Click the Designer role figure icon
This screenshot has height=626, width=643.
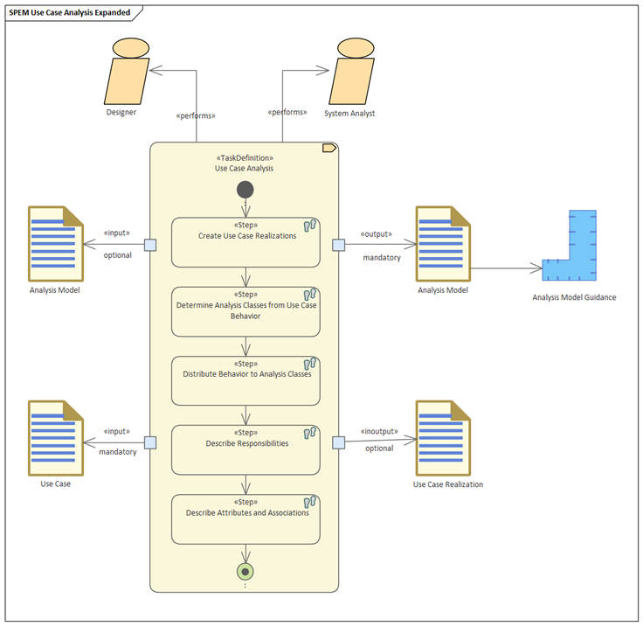[127, 71]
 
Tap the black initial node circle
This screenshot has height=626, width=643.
[245, 190]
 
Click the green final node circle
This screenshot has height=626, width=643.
[245, 572]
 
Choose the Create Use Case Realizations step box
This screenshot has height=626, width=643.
[245, 242]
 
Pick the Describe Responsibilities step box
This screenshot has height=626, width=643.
[245, 450]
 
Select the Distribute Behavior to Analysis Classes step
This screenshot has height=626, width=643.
[245, 380]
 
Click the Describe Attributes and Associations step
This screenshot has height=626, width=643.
[245, 519]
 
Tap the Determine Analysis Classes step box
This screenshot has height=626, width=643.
[245, 311]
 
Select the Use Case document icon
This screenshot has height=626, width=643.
[56, 438]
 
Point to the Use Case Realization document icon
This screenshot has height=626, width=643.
[443, 438]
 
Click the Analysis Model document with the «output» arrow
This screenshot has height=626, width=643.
[443, 244]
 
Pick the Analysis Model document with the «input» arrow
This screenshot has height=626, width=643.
[56, 244]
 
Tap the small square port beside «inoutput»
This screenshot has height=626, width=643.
[338, 443]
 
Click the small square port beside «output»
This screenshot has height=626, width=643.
[338, 245]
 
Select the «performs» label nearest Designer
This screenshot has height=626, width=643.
[196, 115]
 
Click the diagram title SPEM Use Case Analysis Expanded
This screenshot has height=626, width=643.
[70, 13]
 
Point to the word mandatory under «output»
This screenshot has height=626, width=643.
[382, 258]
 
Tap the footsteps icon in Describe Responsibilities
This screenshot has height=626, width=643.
[310, 433]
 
